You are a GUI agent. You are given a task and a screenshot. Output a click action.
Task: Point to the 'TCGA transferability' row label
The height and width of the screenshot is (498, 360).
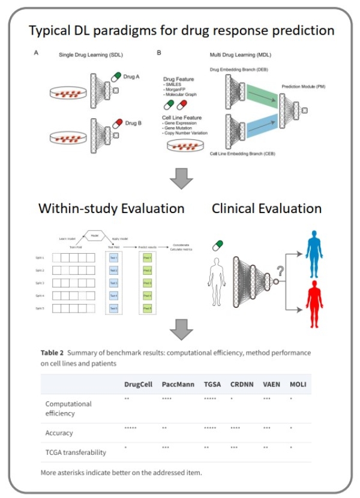76,452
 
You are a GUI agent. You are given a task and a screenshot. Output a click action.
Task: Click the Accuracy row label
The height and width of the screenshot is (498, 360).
59,433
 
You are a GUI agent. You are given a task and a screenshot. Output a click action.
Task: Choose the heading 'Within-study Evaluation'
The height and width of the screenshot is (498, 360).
112,209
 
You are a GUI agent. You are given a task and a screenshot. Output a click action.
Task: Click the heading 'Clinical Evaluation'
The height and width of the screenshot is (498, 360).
266,209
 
